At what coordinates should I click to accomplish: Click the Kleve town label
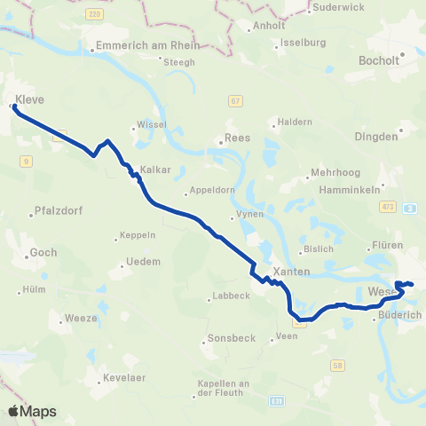tap(28, 99)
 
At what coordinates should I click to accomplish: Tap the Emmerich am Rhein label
tap(134, 48)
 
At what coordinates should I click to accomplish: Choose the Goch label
tap(43, 252)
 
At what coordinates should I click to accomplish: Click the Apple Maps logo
tap(32, 412)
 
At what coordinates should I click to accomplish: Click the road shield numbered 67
tap(234, 102)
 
